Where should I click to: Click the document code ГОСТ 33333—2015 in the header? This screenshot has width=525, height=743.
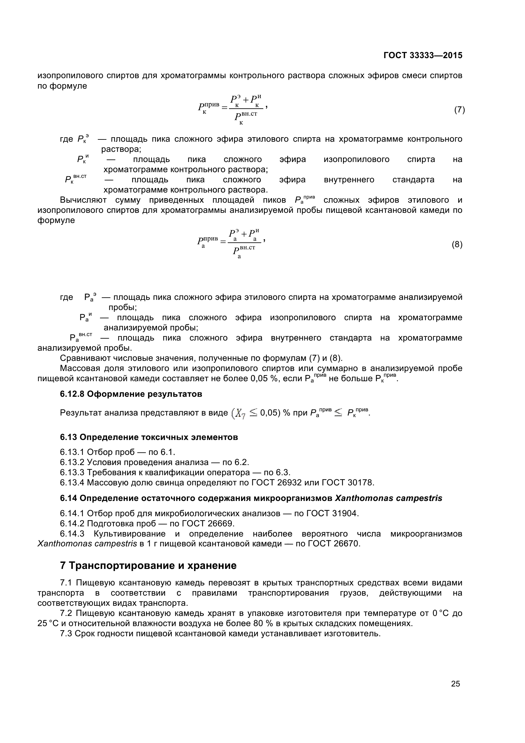423,55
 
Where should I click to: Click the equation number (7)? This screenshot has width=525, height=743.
459,110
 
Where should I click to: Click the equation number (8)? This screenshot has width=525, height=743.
457,244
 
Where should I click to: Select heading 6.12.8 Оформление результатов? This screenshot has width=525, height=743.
131,394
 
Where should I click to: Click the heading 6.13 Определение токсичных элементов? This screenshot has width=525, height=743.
149,437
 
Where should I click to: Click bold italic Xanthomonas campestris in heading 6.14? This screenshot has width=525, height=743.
388,498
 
